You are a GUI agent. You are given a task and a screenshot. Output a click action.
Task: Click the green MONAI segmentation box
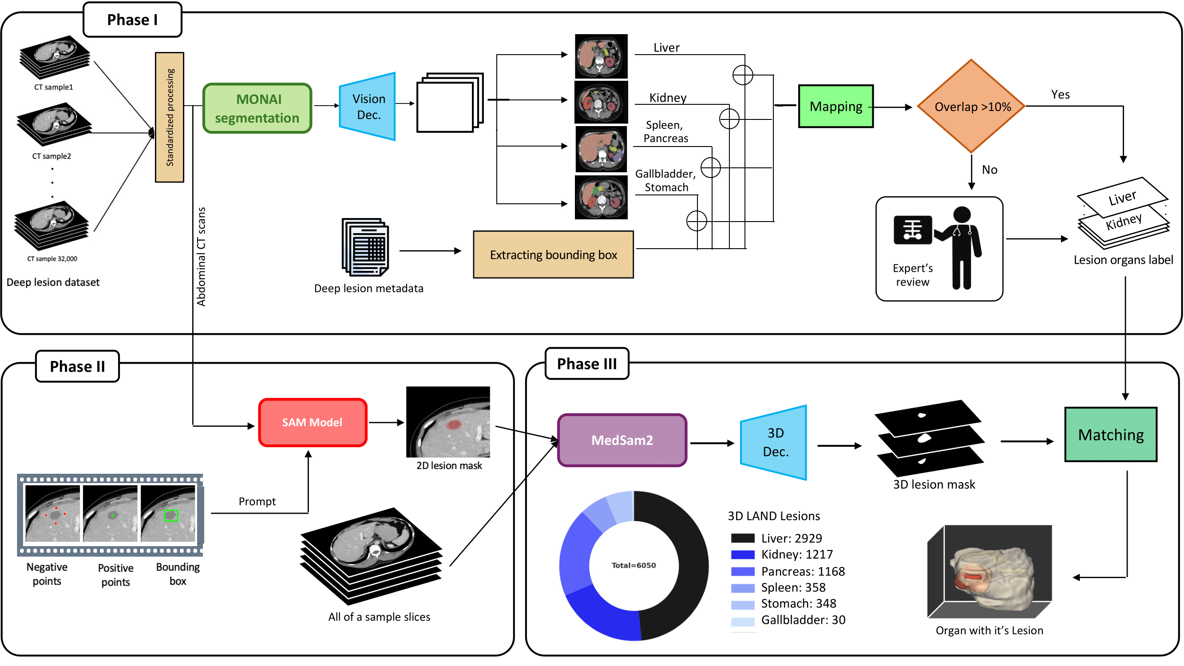point(257,108)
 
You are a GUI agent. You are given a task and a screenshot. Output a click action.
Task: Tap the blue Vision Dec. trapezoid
point(368,107)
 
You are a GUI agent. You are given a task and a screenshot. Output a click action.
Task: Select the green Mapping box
point(836,106)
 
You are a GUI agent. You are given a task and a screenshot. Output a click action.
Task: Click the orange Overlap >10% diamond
point(972,106)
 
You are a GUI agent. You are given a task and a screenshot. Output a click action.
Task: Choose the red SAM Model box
point(313,422)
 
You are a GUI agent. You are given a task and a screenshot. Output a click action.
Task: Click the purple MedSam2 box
point(622,440)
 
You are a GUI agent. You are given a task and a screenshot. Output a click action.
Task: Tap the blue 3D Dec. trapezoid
point(775,442)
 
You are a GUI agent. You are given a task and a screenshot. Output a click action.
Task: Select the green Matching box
point(1110,434)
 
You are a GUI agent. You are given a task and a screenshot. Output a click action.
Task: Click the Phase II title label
point(77,366)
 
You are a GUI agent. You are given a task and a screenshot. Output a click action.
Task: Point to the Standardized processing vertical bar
point(170,117)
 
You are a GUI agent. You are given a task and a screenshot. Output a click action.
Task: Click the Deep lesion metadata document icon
point(366,247)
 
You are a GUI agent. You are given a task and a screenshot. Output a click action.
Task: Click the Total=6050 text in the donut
point(634,565)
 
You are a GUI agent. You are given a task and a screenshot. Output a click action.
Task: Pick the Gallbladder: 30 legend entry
point(803,620)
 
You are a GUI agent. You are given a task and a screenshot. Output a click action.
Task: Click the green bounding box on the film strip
point(171,515)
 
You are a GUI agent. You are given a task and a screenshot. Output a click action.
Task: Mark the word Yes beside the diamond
point(1060,95)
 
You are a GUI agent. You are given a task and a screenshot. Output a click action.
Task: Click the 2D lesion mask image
point(448,422)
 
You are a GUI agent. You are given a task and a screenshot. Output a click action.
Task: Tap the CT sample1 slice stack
point(54,57)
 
